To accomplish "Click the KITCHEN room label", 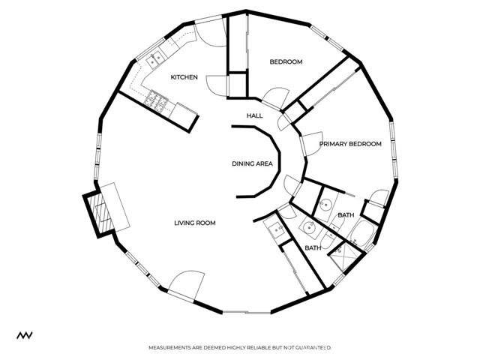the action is [184, 77].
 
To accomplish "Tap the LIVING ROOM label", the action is [195, 223].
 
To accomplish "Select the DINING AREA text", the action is [252, 163].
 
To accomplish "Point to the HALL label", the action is [255, 115].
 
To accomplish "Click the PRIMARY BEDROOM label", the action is [350, 144].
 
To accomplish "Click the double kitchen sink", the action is [154, 59].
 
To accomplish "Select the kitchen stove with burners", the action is [156, 100].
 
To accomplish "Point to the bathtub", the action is [362, 233].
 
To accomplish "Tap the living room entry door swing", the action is [185, 285].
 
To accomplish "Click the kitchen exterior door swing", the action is [211, 33].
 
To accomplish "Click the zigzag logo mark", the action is [25, 335].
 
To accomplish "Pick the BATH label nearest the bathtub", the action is [346, 215].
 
